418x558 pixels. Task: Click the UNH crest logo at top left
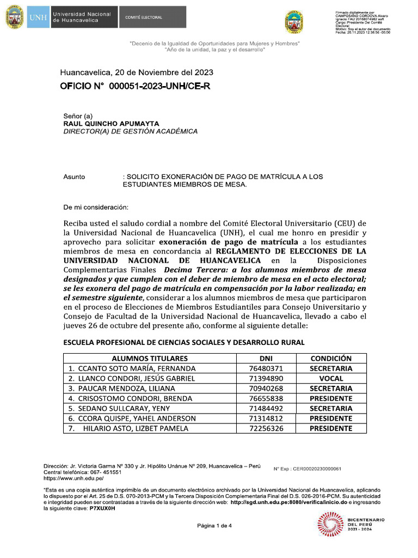[14, 17]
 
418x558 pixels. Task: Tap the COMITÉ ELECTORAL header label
[144, 17]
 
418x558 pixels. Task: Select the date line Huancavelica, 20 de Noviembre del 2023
[136, 72]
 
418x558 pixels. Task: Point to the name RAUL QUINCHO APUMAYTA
[112, 124]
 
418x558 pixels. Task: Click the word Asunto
[74, 177]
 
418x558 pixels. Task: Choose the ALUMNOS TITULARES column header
[150, 359]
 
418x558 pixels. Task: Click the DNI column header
[266, 359]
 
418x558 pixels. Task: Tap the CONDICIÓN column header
[331, 359]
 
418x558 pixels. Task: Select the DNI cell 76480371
[266, 368]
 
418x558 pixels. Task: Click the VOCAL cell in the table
[331, 378]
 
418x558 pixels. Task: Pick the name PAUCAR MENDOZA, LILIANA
[121, 389]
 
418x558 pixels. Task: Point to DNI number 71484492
[266, 408]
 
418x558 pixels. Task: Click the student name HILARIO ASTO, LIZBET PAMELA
[136, 428]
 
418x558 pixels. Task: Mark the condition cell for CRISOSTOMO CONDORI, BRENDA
[331, 398]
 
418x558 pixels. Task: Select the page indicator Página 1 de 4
[214, 526]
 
